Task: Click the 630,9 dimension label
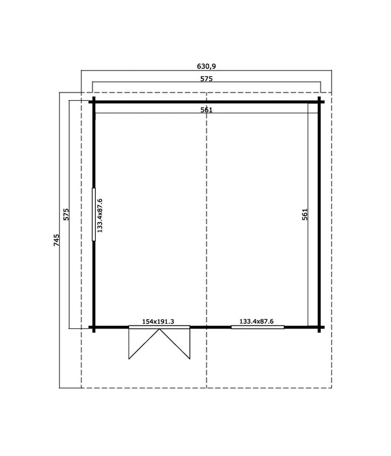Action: click(207, 66)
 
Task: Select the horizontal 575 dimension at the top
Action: click(207, 79)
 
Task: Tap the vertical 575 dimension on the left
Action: click(66, 214)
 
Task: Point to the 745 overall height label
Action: click(57, 240)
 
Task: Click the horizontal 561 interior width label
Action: click(207, 109)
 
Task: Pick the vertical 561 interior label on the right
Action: click(304, 214)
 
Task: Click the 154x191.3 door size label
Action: click(158, 321)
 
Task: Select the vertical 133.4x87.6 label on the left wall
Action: click(100, 215)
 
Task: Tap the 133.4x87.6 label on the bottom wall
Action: click(256, 321)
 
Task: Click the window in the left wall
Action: click(94, 214)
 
